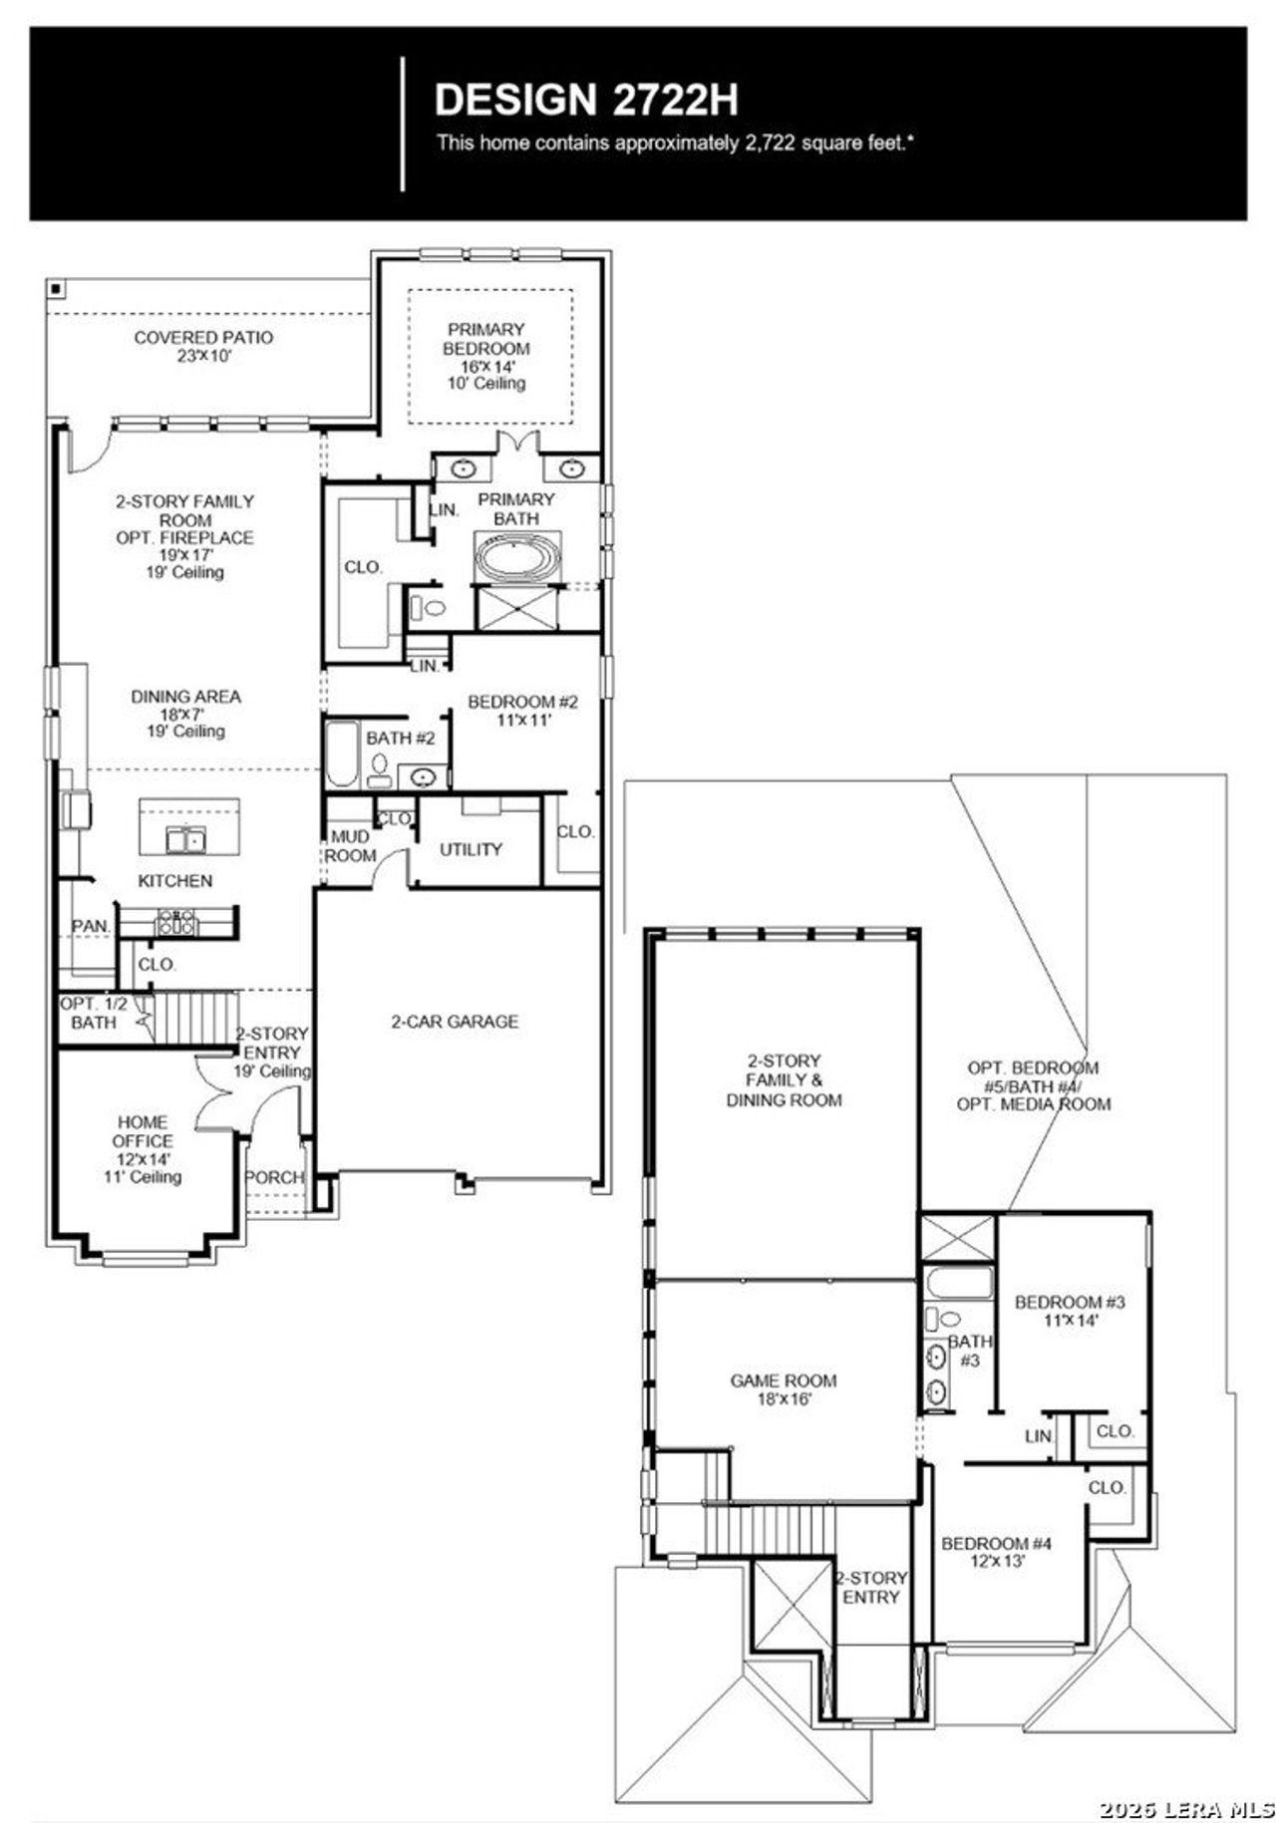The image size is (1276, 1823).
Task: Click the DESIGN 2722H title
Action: click(x=586, y=101)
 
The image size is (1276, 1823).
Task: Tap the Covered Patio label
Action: click(x=203, y=346)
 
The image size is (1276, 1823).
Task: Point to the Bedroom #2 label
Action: click(x=522, y=711)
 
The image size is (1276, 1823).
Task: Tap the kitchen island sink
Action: click(x=185, y=840)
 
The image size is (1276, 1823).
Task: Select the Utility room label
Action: click(x=471, y=849)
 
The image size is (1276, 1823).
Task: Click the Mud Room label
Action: click(x=350, y=846)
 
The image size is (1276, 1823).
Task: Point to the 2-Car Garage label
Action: click(x=455, y=1021)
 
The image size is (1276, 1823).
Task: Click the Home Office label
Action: click(x=143, y=1148)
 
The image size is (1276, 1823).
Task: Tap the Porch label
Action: click(x=274, y=1177)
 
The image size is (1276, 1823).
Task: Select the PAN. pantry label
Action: click(x=91, y=926)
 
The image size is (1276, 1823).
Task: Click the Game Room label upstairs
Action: click(x=784, y=1389)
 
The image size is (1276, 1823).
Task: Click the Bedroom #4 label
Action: click(x=997, y=1552)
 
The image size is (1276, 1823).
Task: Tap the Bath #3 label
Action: click(x=970, y=1351)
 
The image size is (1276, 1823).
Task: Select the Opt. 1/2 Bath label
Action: click(x=94, y=1013)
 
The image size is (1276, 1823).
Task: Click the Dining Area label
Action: click(x=185, y=713)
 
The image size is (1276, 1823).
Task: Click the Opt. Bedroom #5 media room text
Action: click(x=1034, y=1085)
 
